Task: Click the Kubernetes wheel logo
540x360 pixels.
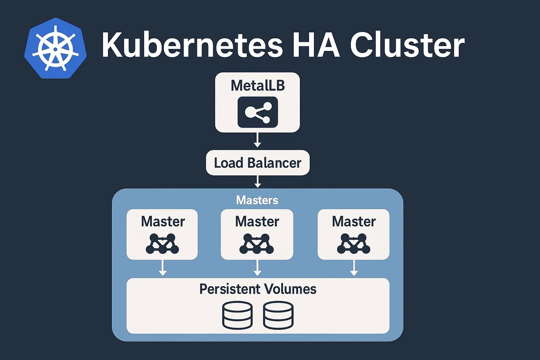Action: (55, 48)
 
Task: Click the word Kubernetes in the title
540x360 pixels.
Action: (192, 45)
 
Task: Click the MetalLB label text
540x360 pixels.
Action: (257, 86)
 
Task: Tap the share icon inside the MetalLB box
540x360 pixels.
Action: (258, 112)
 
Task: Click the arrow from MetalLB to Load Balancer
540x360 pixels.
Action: (257, 141)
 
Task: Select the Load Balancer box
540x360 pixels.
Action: (257, 163)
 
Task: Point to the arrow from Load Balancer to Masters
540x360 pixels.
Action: (257, 182)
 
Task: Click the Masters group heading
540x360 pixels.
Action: (257, 200)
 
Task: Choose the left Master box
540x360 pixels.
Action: (162, 234)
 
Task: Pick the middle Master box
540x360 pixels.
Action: (257, 234)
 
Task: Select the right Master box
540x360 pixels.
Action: (353, 234)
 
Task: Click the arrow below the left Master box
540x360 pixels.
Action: (162, 268)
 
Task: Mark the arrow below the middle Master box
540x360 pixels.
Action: (257, 268)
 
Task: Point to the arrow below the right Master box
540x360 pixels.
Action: (354, 268)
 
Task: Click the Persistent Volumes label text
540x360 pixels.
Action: (258, 289)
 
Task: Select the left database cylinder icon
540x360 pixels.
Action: (237, 315)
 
